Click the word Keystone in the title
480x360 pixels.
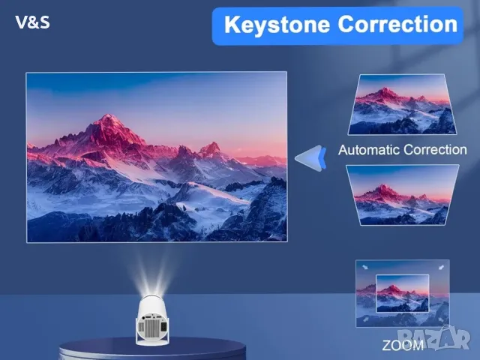277,24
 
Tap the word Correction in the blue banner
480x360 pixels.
397,24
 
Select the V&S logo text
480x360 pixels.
33,22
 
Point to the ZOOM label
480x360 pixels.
403,345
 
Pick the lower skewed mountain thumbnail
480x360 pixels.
403,194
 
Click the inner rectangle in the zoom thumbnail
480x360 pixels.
402,293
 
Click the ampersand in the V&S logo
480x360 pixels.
32,22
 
